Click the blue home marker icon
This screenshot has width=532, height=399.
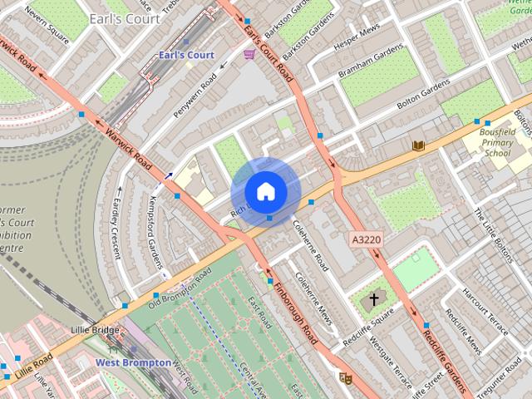[265, 191]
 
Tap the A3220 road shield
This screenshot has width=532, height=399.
[366, 239]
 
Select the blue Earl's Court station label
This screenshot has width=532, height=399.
[186, 55]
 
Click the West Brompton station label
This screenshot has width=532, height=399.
[133, 363]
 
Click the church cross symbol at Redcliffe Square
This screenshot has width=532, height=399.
[374, 298]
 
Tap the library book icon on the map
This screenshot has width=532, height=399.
[419, 145]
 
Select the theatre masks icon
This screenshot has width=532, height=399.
[346, 378]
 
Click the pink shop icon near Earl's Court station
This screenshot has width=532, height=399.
[249, 54]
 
